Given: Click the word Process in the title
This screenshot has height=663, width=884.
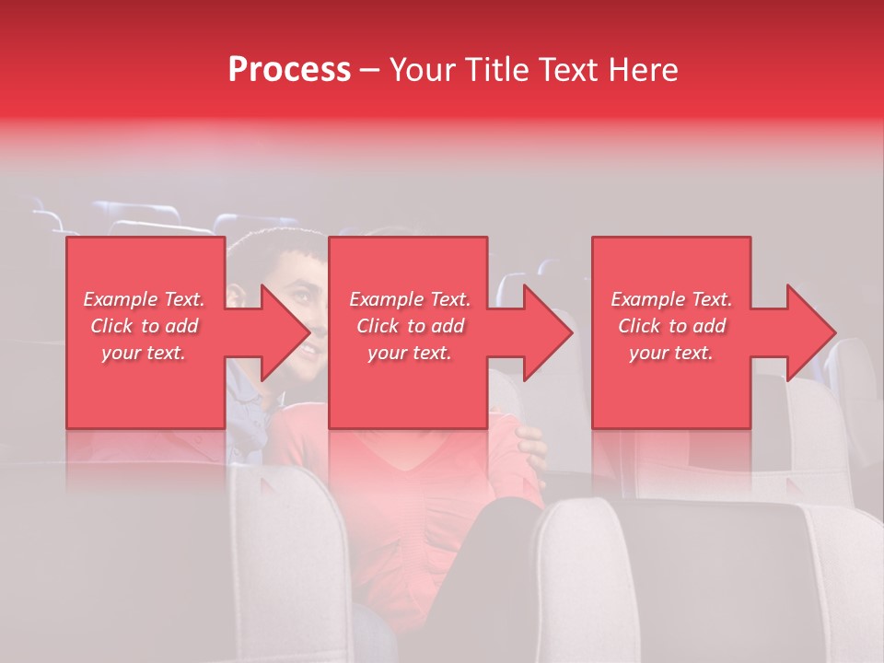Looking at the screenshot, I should (x=289, y=70).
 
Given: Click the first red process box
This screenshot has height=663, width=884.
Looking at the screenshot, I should (x=145, y=405).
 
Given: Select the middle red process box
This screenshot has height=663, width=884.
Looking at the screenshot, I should (x=408, y=405).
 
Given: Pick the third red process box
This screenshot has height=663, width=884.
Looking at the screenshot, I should (x=670, y=405).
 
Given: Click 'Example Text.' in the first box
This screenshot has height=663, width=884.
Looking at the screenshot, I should (x=144, y=299).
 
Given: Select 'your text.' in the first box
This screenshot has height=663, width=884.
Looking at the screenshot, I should (x=144, y=353).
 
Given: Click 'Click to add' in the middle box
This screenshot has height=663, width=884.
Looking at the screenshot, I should (x=410, y=326).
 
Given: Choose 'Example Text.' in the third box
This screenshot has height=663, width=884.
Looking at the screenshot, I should (x=671, y=299).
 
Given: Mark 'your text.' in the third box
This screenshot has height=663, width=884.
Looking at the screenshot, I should (x=671, y=353).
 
